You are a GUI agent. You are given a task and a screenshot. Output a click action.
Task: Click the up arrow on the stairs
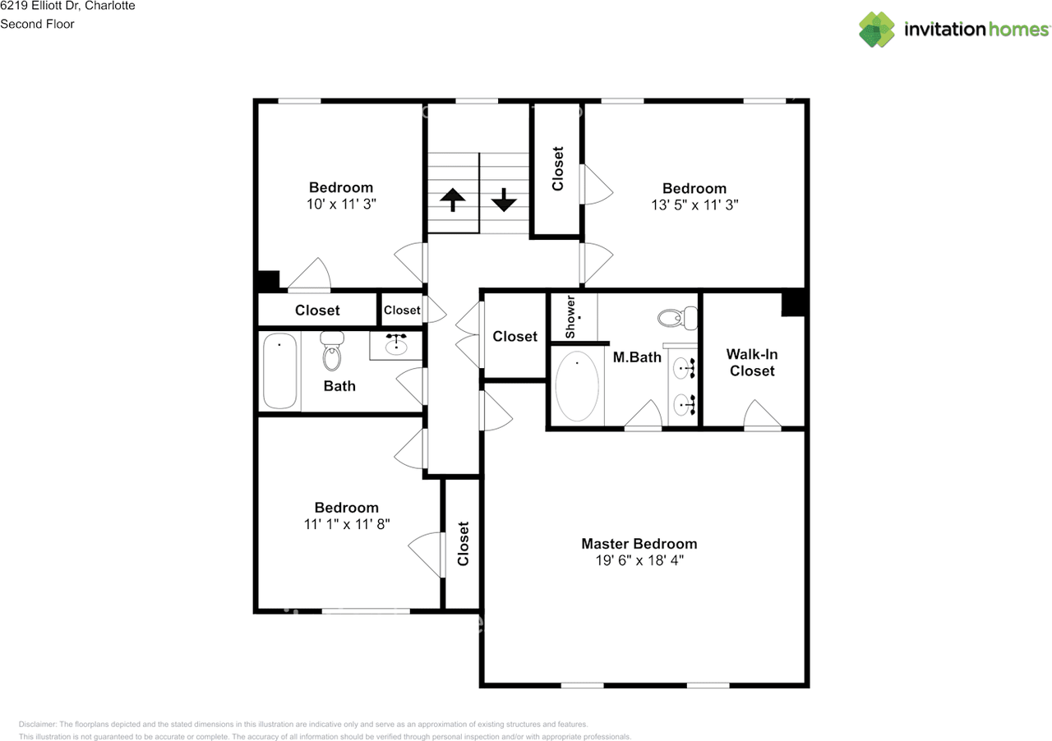[453, 200]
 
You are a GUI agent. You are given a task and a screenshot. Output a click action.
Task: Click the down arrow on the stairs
[504, 200]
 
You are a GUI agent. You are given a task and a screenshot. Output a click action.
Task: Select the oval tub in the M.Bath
[577, 386]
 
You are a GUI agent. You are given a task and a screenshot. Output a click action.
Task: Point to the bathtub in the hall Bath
[279, 370]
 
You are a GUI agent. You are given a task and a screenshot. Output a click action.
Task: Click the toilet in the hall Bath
[332, 351]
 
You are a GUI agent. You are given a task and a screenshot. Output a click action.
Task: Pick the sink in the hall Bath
[396, 345]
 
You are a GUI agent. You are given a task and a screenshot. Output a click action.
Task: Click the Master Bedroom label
[639, 544]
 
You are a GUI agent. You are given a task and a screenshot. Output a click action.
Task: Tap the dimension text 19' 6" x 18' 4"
[639, 560]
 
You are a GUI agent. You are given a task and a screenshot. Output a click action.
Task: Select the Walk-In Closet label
[752, 362]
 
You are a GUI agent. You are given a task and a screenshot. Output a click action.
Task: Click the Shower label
[570, 316]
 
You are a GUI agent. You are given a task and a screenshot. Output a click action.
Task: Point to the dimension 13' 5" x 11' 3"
[694, 205]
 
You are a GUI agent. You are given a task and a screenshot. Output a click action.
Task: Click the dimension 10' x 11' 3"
[341, 204]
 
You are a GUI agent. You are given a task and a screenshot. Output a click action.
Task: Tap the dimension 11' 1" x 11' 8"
[347, 524]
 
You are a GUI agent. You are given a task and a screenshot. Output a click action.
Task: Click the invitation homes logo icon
[877, 29]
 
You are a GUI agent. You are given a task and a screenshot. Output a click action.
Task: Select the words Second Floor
[37, 24]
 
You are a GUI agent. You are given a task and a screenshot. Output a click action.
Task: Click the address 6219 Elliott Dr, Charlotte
[67, 6]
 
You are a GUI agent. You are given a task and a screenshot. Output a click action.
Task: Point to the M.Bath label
[637, 357]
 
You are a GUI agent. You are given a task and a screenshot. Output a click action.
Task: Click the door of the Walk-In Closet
[762, 415]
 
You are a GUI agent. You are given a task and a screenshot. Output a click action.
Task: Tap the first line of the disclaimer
[303, 725]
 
